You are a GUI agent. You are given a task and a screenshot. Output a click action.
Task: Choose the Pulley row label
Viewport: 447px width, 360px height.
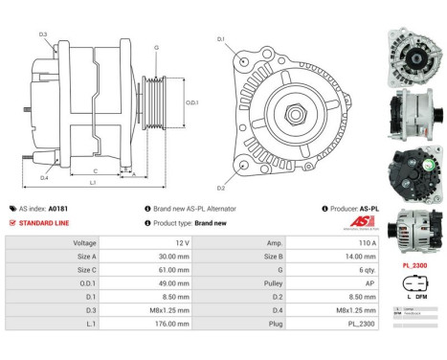click(x=276, y=284)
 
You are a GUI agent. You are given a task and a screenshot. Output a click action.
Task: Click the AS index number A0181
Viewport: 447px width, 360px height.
click(x=57, y=208)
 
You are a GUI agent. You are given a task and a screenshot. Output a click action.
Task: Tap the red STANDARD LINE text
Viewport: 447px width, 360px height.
click(x=44, y=222)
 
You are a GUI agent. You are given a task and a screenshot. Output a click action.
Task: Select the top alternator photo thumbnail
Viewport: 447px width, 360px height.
click(x=413, y=42)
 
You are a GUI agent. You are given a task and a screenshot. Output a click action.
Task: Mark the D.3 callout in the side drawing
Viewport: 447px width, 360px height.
click(x=44, y=34)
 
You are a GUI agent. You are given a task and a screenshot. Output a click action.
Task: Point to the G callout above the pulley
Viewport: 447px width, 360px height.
click(x=156, y=47)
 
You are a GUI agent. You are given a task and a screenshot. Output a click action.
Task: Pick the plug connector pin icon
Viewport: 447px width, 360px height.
click(x=413, y=292)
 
